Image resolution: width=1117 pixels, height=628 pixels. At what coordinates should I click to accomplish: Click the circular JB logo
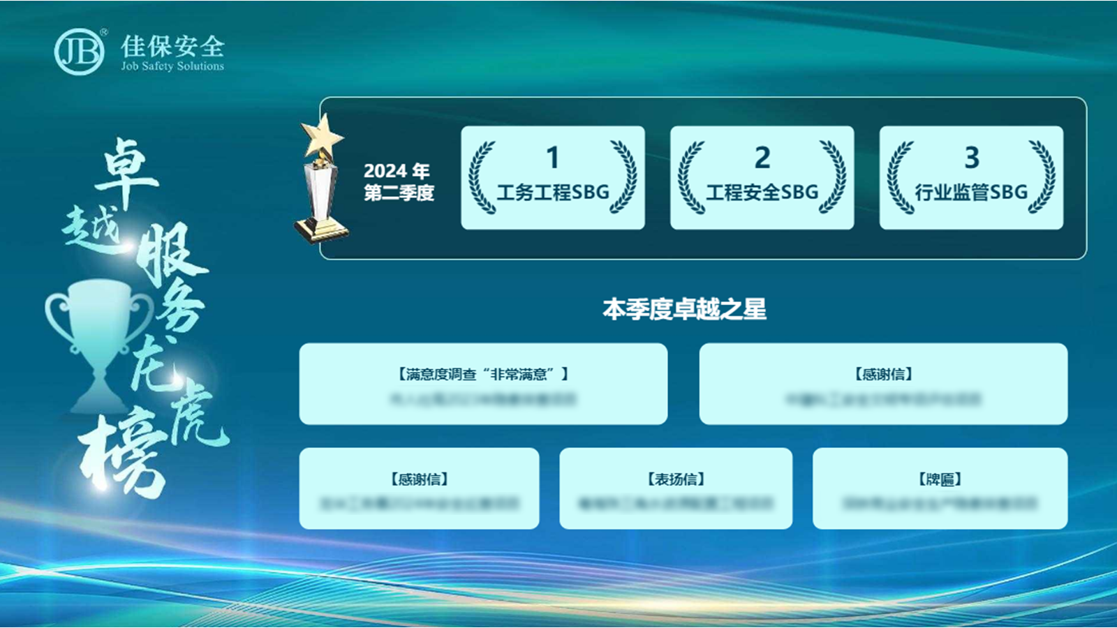79,51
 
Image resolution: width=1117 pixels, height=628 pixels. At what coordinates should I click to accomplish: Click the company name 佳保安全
172,46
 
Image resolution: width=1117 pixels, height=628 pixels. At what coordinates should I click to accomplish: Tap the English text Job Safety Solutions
172,66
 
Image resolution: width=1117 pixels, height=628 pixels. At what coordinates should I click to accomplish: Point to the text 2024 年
396,171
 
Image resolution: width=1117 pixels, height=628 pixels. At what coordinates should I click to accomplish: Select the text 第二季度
399,193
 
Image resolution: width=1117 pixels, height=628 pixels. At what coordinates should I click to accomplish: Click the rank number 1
552,158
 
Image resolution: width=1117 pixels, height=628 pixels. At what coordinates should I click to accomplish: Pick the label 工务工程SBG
552,192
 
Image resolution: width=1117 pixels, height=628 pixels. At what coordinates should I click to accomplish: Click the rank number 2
762,158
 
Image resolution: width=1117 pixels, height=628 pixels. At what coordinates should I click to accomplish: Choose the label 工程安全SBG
762,192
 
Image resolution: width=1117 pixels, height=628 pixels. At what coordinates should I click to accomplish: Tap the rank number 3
971,158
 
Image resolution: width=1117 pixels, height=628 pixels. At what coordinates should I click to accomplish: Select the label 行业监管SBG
971,192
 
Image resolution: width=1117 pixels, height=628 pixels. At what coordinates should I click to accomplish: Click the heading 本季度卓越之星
684,309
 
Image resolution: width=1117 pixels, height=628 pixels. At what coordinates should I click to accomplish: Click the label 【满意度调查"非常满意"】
483,375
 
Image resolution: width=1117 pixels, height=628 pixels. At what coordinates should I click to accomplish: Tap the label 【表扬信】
676,479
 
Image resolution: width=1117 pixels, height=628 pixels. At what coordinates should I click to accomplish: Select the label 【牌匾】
940,479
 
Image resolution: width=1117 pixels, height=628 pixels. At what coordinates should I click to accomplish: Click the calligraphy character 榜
122,454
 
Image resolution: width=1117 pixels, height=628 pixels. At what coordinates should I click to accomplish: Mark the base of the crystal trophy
321,231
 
